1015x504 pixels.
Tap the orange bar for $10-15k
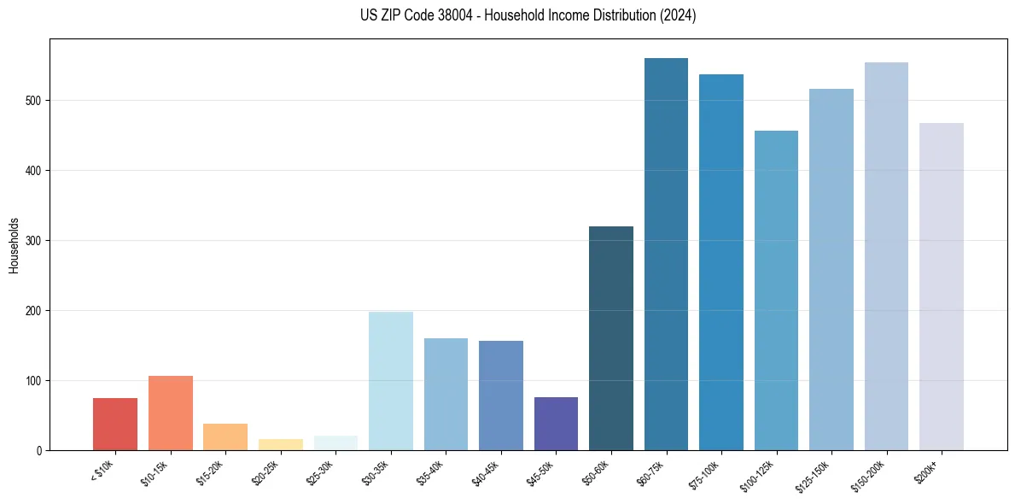[x=171, y=413]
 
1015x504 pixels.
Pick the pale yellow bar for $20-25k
[x=281, y=444]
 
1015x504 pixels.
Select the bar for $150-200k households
[x=886, y=256]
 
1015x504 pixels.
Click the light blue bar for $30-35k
[x=391, y=381]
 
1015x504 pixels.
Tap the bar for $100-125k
[x=776, y=290]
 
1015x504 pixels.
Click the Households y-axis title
[x=15, y=244]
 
